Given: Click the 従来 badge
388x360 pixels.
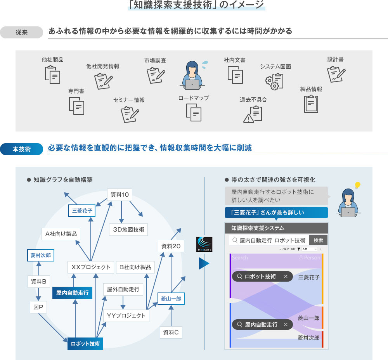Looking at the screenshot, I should pos(22,32).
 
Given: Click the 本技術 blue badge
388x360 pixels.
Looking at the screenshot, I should pos(22,149).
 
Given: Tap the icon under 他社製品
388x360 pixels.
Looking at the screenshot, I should pos(52,74).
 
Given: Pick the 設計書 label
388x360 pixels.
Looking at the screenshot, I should pos(335,59).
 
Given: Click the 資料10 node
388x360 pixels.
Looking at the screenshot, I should pos(120,195).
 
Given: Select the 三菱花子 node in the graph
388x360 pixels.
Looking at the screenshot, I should pos(82,211).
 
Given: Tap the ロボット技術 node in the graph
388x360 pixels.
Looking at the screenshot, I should pos(85,344).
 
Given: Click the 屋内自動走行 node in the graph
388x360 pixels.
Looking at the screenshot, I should pos(72,293).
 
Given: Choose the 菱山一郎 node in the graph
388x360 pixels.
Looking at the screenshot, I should pos(171,299).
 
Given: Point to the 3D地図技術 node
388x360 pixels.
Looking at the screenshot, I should pos(128,230).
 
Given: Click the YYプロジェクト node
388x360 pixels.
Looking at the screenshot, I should pos(126,315).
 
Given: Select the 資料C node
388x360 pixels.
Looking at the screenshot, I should pos(171,332).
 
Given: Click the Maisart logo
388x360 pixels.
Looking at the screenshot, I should pos(204,244).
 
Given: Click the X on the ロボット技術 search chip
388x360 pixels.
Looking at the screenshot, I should pos(286,277).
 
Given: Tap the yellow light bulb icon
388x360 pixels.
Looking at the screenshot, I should pos(358,185).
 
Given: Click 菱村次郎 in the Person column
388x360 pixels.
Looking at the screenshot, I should pos(308,338).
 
